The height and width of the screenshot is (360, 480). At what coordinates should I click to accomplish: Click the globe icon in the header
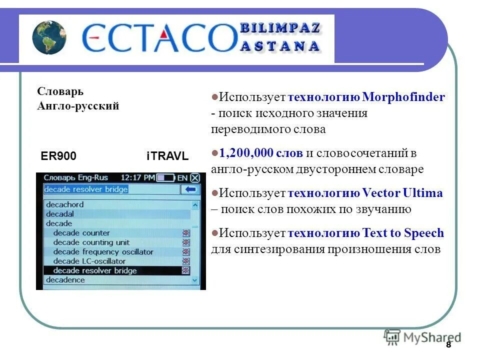[49, 37]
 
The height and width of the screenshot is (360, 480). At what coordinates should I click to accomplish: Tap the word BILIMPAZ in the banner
[280, 28]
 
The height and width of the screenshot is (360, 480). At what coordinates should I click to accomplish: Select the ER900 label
[58, 156]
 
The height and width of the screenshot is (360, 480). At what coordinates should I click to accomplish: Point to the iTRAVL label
[167, 156]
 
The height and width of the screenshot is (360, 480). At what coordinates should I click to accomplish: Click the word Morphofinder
[403, 97]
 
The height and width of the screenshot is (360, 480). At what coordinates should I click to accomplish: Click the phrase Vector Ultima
[402, 193]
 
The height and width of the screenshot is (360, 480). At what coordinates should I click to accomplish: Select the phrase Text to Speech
[403, 233]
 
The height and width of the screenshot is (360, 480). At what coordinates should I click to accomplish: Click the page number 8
[448, 345]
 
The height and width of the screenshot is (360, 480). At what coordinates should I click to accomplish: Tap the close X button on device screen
[195, 177]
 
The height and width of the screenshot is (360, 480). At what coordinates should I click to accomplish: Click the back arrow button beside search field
[189, 189]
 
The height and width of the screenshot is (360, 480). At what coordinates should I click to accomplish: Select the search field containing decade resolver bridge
[111, 189]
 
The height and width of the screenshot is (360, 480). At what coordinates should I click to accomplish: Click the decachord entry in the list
[65, 204]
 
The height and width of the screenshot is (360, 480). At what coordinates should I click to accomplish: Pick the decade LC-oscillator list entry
[89, 261]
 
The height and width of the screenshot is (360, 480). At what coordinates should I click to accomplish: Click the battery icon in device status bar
[165, 177]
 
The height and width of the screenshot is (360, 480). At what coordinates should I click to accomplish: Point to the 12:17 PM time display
[137, 177]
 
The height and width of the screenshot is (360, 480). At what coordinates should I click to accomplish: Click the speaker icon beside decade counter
[185, 233]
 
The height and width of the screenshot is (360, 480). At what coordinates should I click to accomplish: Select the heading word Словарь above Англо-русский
[60, 92]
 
